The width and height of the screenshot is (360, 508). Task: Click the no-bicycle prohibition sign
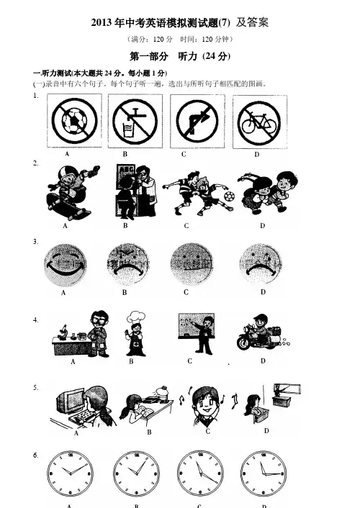(x=258, y=122)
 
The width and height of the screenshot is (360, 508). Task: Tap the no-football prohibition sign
(x=75, y=121)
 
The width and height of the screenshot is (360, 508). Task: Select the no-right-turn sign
(x=197, y=122)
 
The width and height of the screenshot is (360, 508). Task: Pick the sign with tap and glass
(x=135, y=122)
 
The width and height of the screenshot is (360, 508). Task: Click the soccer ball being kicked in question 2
(x=230, y=196)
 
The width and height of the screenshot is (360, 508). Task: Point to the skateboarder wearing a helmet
(x=73, y=192)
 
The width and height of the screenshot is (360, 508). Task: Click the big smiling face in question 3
(x=66, y=266)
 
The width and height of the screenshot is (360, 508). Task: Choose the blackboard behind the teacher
(x=197, y=326)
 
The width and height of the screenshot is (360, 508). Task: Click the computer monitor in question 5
(x=70, y=402)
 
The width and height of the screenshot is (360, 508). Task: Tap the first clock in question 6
(x=70, y=473)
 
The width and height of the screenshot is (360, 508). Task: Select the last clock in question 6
(x=264, y=473)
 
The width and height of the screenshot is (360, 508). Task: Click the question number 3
(x=35, y=242)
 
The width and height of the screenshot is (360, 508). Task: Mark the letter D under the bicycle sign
(x=256, y=155)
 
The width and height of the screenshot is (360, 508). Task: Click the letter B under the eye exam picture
(x=125, y=225)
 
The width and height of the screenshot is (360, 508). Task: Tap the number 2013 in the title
(x=102, y=23)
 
